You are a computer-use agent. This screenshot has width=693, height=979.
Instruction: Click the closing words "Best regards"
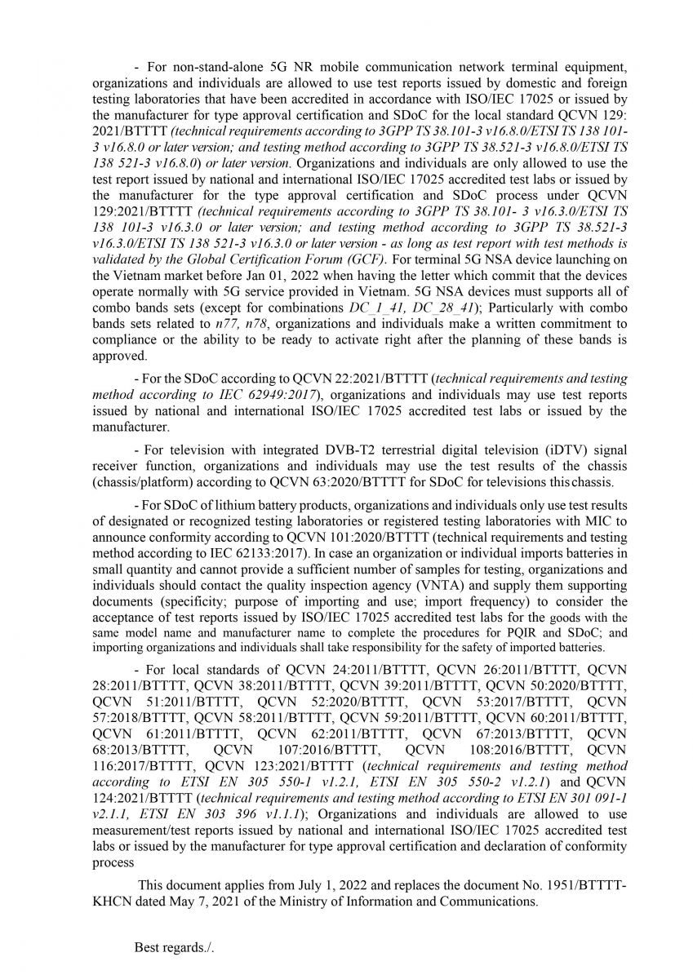169,947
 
